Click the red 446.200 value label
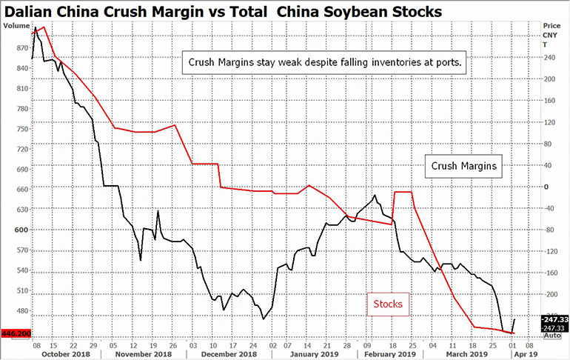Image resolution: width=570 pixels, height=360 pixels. point(16,334)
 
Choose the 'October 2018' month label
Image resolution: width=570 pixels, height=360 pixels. point(66,354)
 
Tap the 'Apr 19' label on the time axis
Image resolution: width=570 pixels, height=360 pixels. point(527,354)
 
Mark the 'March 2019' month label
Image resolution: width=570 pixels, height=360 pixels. point(471,354)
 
